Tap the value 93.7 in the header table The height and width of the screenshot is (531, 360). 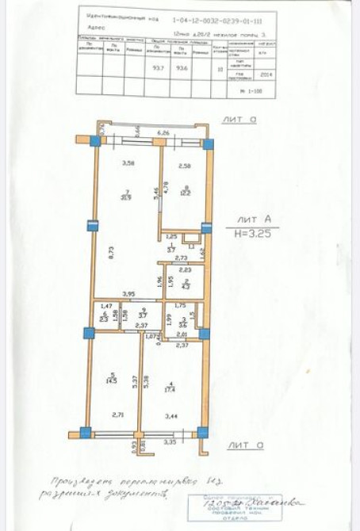(x=159, y=67)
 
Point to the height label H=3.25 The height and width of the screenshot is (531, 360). (x=253, y=235)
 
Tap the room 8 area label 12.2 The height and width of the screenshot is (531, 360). (x=184, y=193)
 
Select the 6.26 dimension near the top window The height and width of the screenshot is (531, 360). (x=163, y=133)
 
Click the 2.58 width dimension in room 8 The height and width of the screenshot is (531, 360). (x=183, y=166)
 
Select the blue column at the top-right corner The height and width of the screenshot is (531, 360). (x=209, y=144)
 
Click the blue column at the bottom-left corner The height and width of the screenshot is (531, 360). (x=85, y=434)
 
